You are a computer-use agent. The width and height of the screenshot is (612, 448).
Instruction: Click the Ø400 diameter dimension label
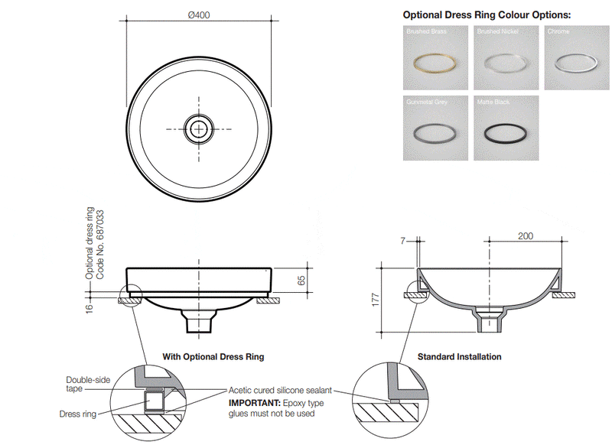(200, 15)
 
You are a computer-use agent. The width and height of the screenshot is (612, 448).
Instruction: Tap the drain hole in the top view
(200, 127)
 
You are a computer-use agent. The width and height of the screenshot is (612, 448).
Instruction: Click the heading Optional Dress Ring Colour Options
(487, 15)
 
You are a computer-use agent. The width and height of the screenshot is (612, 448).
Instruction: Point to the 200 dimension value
(526, 236)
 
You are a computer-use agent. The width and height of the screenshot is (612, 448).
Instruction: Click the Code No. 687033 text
(100, 243)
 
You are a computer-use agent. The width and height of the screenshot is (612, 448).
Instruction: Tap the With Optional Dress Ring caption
(213, 357)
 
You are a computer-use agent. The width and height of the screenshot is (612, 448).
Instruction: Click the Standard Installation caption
(459, 357)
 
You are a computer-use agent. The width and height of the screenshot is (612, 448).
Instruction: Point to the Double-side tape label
(85, 384)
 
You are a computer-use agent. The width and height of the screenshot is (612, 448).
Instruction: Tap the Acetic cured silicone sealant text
(279, 390)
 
